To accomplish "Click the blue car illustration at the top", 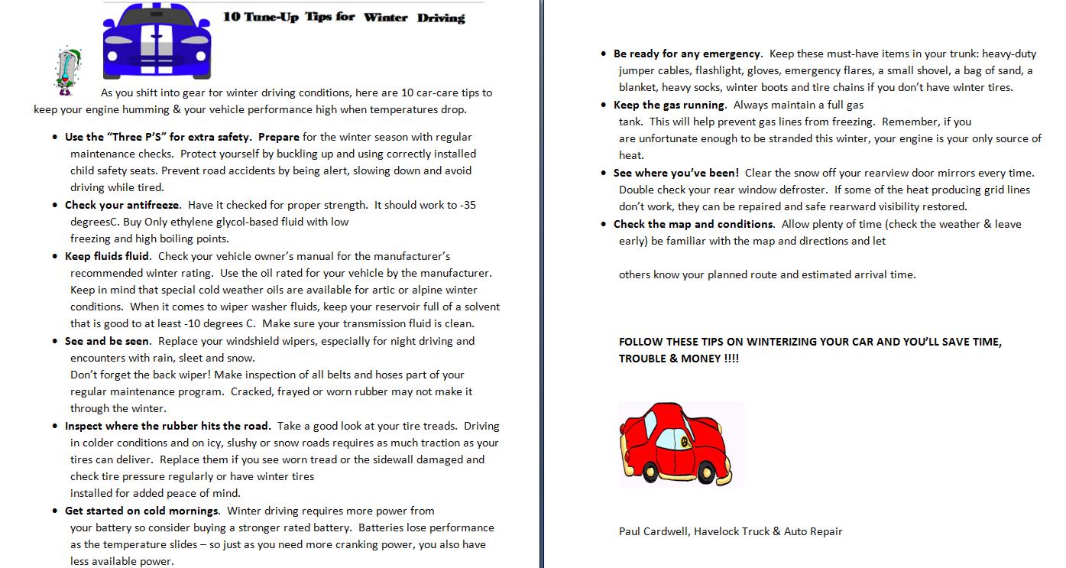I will pyautogui.click(x=157, y=40).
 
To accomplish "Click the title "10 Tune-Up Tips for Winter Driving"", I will pyautogui.click(x=344, y=16).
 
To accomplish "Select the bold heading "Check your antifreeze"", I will pyautogui.click(x=122, y=205).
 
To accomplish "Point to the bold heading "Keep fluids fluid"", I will pyautogui.click(x=107, y=256).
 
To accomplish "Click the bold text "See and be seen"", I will pyautogui.click(x=107, y=341).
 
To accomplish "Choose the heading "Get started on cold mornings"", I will pyautogui.click(x=141, y=511).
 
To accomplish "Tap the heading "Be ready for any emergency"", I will pyautogui.click(x=687, y=54).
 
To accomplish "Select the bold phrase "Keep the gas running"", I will pyautogui.click(x=669, y=105).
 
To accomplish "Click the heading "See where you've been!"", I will pyautogui.click(x=676, y=173).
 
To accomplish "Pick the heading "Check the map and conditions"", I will pyautogui.click(x=693, y=224).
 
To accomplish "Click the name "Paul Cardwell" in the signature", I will pyautogui.click(x=652, y=531).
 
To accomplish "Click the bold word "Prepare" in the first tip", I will pyautogui.click(x=279, y=137).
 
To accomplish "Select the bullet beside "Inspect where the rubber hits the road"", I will pyautogui.click(x=55, y=427).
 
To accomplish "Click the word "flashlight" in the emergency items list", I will pyautogui.click(x=718, y=70).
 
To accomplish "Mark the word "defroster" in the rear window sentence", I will pyautogui.click(x=804, y=190).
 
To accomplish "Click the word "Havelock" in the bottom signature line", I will pyautogui.click(x=718, y=531).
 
